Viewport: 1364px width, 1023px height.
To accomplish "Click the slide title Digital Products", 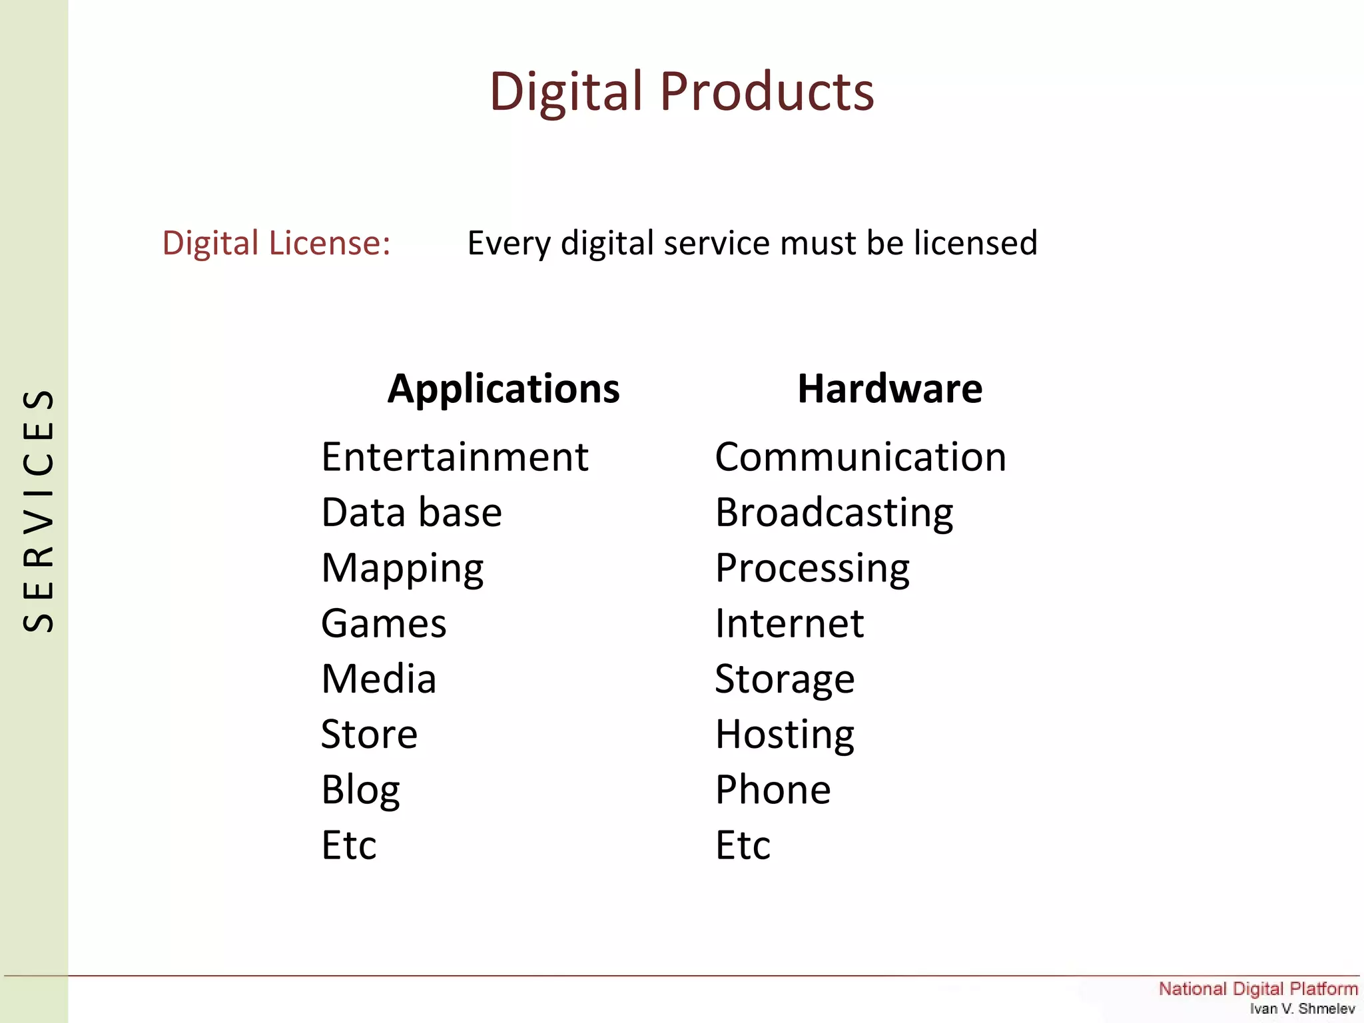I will (x=681, y=91).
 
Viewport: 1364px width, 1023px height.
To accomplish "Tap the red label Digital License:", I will (x=276, y=242).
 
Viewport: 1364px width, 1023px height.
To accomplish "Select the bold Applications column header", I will (x=504, y=388).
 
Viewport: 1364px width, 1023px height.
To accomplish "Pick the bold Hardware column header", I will (x=890, y=388).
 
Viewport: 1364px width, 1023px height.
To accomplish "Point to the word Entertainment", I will (x=455, y=457).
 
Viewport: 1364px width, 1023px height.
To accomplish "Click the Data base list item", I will (x=412, y=512).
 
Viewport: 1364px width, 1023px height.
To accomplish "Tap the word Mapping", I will (x=402, y=568).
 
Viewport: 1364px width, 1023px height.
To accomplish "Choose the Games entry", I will (x=384, y=623).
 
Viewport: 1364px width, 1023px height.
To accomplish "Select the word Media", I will (x=378, y=679).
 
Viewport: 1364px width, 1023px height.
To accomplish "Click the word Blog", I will (x=360, y=790).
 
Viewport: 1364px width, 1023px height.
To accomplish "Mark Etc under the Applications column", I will (x=348, y=845).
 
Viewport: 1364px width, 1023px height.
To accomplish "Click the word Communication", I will (x=860, y=457).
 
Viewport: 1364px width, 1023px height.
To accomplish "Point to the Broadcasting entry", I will (x=834, y=512).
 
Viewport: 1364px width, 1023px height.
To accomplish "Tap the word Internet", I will (x=789, y=623).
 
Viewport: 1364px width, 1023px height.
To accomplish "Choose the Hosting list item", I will (x=785, y=735).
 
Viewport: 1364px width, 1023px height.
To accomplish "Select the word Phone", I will (x=773, y=790).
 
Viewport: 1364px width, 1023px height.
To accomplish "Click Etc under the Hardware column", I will (x=743, y=845).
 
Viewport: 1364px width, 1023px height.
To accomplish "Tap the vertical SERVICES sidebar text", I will (x=38, y=510).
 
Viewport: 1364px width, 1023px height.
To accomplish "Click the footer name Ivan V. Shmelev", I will (x=1302, y=1008).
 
